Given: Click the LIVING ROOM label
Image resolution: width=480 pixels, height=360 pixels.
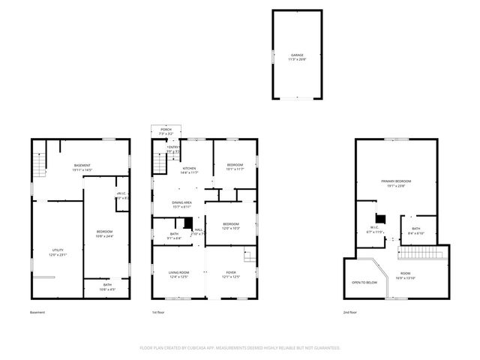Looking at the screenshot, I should click(x=178, y=274).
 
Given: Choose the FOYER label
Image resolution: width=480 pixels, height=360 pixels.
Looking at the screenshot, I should click(x=230, y=274).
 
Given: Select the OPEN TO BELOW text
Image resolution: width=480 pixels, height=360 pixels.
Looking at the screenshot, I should click(x=364, y=282).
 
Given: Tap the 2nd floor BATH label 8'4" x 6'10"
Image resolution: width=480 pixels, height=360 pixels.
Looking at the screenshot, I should click(x=415, y=230).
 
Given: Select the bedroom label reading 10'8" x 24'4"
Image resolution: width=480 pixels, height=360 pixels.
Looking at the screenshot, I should click(x=104, y=233).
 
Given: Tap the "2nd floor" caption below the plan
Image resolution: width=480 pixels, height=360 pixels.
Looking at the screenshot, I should click(x=350, y=312).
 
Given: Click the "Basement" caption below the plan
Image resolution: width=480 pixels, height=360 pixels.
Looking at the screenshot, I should click(x=37, y=312).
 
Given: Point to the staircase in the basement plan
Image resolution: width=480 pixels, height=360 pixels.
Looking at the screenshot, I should click(x=39, y=160).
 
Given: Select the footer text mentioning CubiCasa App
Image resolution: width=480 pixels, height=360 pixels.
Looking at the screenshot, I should click(x=240, y=348).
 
